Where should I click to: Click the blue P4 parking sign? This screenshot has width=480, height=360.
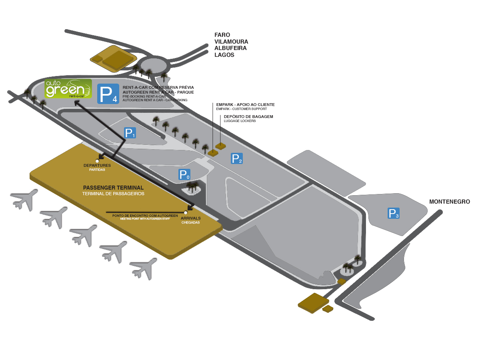(108, 94)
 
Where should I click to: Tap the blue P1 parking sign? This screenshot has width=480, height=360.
(130, 133)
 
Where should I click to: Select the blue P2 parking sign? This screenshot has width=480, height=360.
(237, 158)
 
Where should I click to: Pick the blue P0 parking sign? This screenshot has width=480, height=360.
(184, 174)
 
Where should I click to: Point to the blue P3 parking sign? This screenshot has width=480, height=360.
(394, 213)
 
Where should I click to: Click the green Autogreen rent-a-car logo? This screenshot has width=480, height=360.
(68, 88)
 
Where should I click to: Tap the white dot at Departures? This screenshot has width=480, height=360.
(97, 161)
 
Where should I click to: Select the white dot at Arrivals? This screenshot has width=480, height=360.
(186, 212)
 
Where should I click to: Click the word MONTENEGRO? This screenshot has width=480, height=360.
(449, 202)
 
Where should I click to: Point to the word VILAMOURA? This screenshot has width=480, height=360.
(231, 42)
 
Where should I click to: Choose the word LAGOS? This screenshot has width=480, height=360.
(224, 55)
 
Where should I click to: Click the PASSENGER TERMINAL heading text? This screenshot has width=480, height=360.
(113, 188)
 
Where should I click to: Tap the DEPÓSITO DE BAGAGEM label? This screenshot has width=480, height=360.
(248, 116)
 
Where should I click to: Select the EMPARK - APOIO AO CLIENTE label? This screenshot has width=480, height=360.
(245, 105)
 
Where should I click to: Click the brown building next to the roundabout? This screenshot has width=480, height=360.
(112, 58)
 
